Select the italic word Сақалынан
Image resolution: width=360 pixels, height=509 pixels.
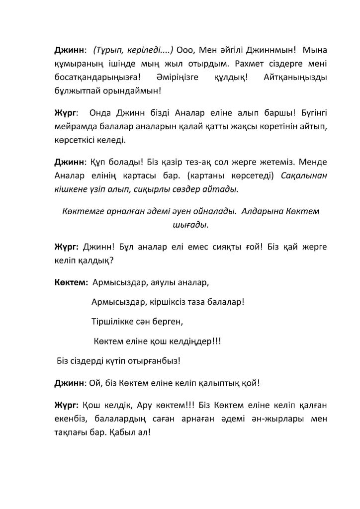(x=304, y=176)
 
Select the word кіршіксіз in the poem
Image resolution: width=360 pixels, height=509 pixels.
(x=169, y=301)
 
